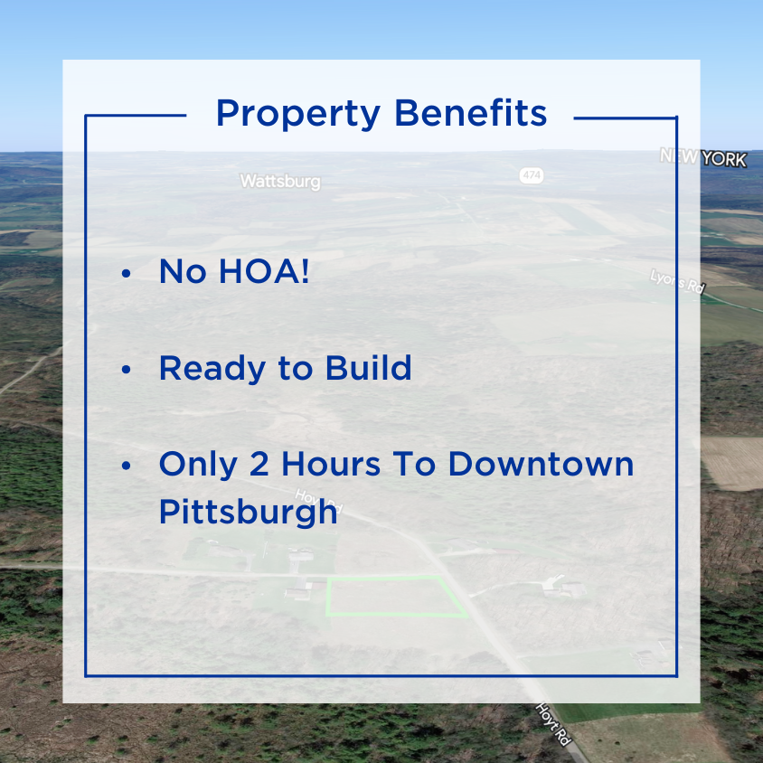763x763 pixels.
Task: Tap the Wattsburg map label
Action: click(x=279, y=182)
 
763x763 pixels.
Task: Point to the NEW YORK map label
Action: click(x=703, y=158)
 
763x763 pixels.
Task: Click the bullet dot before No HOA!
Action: click(x=127, y=273)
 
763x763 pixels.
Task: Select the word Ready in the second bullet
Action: click(x=209, y=368)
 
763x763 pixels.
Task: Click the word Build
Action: click(x=371, y=367)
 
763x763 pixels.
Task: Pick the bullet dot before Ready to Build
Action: click(x=127, y=369)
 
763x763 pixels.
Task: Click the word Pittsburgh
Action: click(x=248, y=513)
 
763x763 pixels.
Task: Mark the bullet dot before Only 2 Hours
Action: click(x=127, y=466)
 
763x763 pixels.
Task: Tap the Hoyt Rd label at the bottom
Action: click(x=553, y=723)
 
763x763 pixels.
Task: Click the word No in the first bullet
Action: click(x=183, y=271)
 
